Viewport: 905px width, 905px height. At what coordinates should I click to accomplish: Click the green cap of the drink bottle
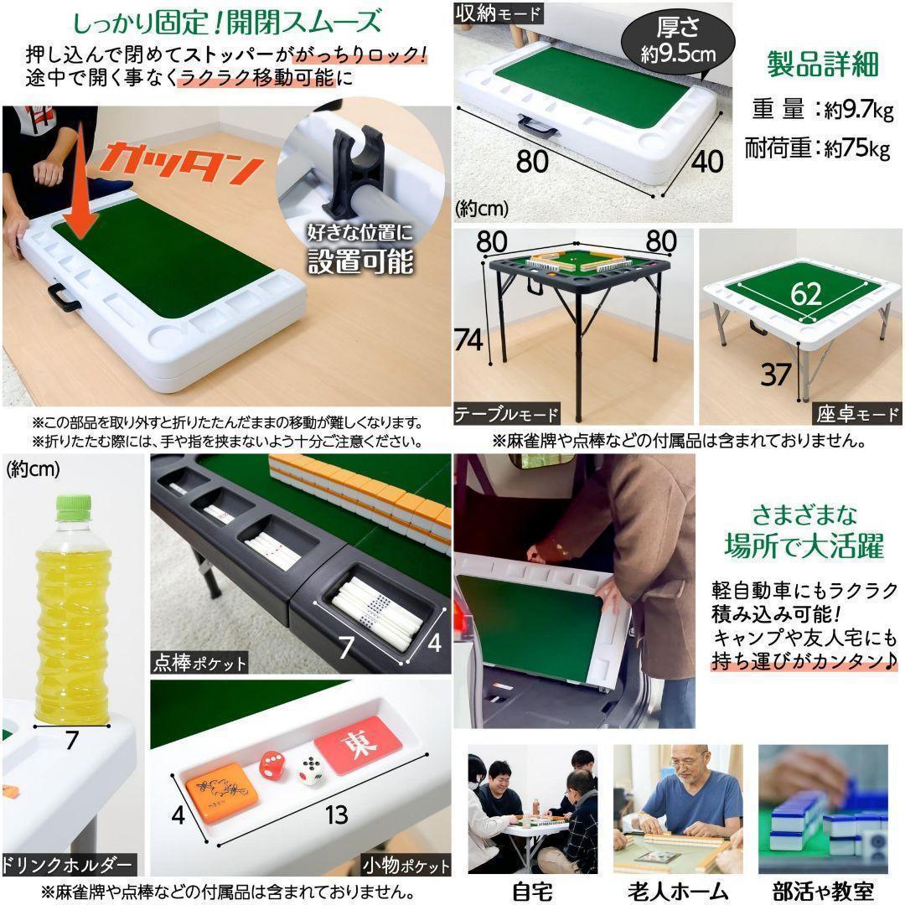[73, 506]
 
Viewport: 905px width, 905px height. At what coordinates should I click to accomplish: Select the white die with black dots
[311, 770]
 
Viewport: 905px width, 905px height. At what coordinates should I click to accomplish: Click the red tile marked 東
[358, 744]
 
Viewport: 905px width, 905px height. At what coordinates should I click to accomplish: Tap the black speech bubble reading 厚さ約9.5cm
[678, 39]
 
